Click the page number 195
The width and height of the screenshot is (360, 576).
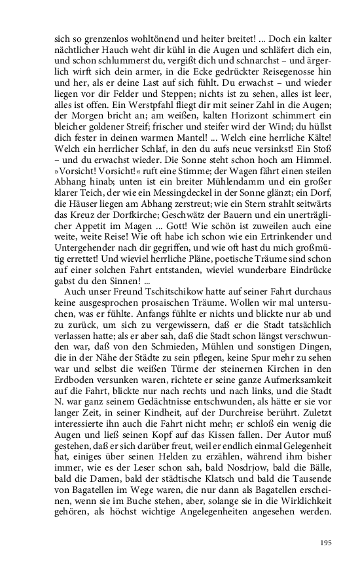click(326, 543)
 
